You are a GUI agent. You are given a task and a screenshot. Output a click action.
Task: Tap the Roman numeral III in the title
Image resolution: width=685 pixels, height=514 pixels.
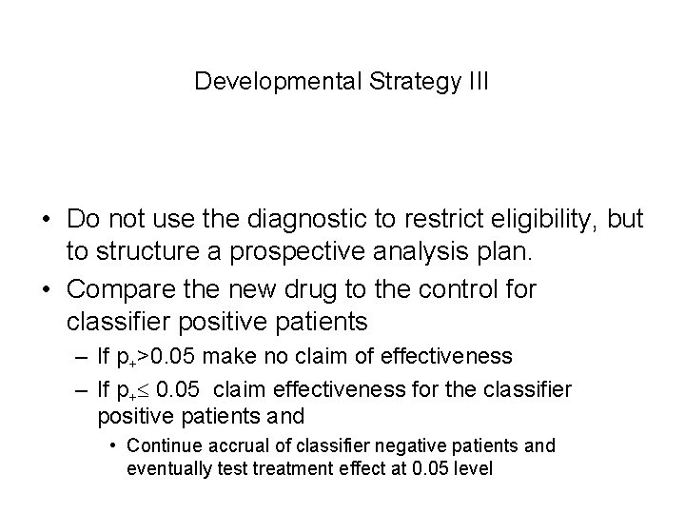476,81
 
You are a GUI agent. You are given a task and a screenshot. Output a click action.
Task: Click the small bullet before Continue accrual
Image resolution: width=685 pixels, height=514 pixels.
113,445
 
